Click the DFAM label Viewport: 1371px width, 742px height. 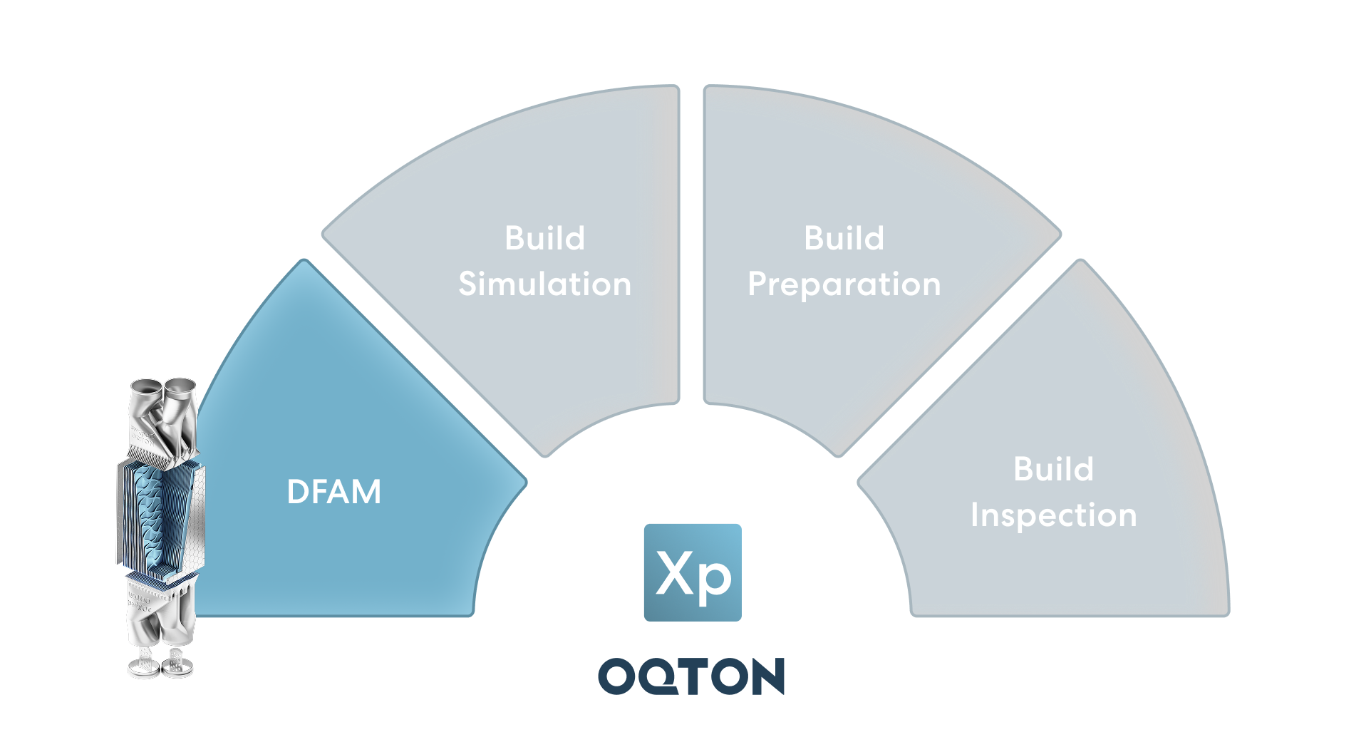(x=333, y=492)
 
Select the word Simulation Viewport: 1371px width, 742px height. (x=544, y=284)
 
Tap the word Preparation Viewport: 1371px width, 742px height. (x=844, y=284)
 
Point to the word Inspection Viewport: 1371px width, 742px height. (x=1053, y=515)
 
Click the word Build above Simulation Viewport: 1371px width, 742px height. (x=544, y=238)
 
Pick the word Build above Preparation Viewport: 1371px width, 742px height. (x=844, y=238)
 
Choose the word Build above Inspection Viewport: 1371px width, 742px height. (x=1053, y=469)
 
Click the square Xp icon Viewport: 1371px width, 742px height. (x=692, y=572)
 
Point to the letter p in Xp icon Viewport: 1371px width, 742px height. (x=714, y=579)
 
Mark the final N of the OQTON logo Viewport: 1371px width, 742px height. (x=767, y=676)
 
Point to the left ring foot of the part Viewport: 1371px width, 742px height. (x=143, y=669)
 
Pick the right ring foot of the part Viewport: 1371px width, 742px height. (x=177, y=668)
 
